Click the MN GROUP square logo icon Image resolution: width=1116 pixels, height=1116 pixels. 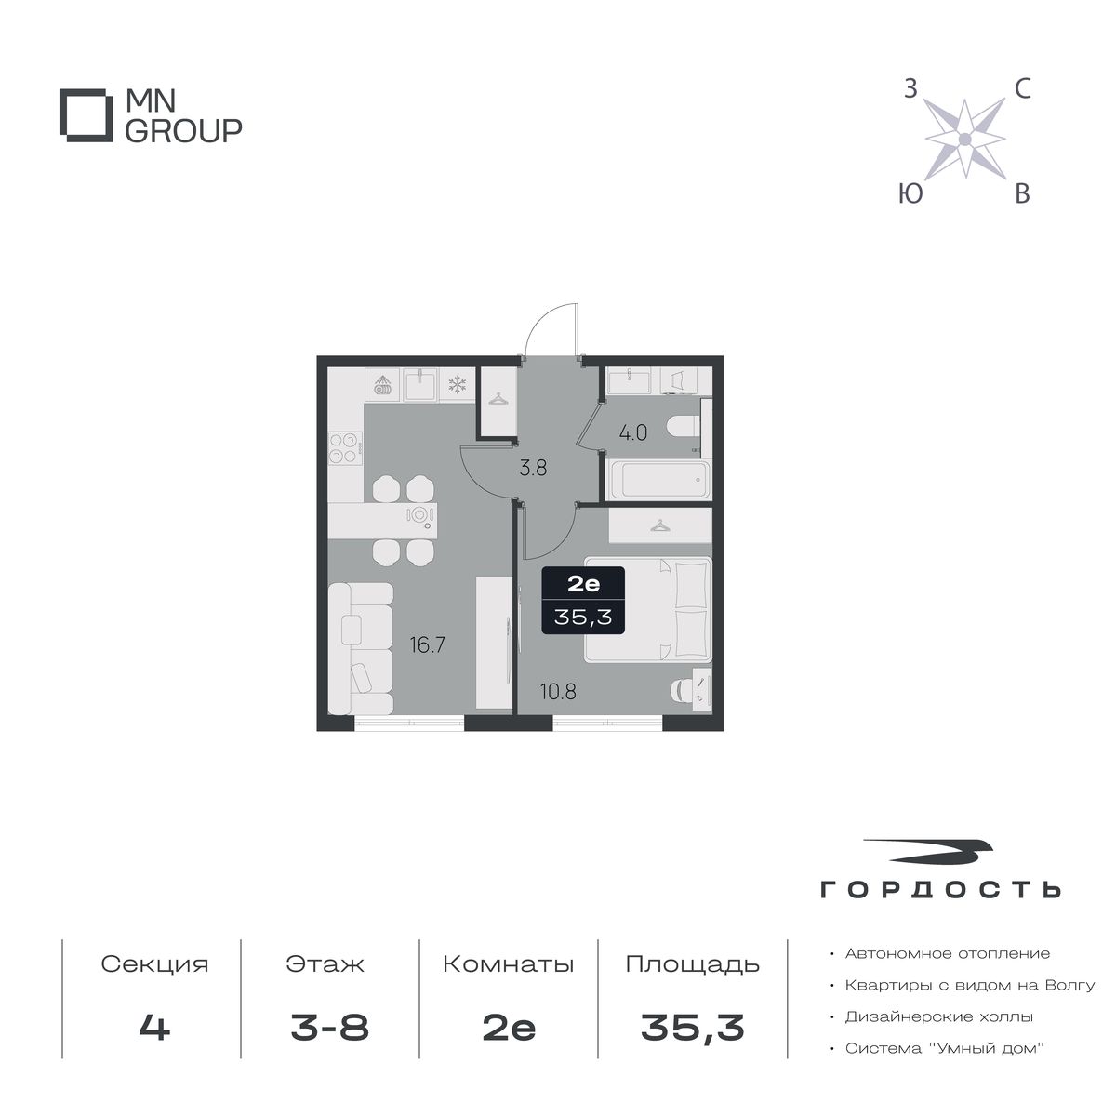pos(86,114)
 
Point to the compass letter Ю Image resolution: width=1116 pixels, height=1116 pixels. pos(910,193)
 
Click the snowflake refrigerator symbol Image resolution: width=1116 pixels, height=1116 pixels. pos(458,384)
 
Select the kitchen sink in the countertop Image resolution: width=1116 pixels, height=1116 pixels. pos(419,385)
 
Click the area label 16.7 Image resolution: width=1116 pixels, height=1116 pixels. pos(428,644)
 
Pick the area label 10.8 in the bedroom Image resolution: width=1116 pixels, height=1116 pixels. pos(558,691)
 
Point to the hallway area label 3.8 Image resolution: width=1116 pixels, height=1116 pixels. pos(533,468)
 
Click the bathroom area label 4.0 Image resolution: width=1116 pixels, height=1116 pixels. pos(633,432)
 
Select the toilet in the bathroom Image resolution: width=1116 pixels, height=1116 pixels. pos(684,428)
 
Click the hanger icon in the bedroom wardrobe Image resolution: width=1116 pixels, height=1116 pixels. pos(659,525)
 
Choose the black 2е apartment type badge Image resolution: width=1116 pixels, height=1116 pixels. pos(582,600)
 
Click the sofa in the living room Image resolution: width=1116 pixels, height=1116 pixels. pos(360,648)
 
